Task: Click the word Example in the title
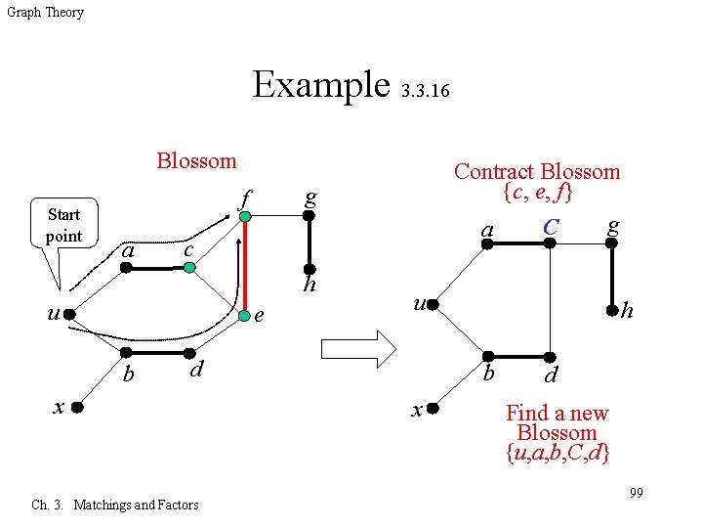pos(320,84)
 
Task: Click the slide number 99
pos(636,492)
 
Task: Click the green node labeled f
pos(246,218)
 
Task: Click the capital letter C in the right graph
pos(552,227)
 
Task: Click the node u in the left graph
pos(70,314)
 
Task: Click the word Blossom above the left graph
pos(196,160)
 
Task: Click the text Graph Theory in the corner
pos(45,13)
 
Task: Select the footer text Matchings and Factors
pos(136,505)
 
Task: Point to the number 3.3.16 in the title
pos(425,92)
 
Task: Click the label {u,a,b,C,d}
pos(558,453)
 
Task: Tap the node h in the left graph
pos(309,268)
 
